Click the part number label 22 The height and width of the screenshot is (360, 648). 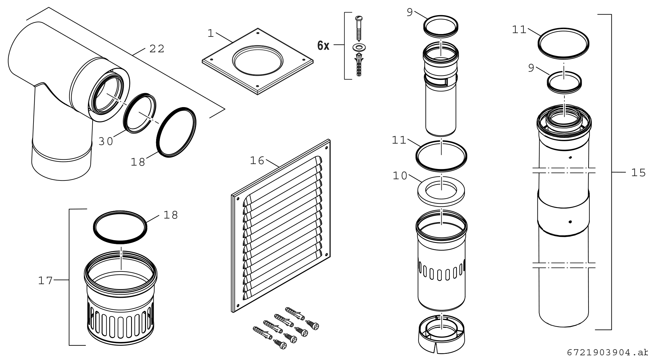157,49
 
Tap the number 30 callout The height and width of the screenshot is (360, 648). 106,141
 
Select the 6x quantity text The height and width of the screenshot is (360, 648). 323,46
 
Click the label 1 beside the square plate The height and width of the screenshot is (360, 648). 211,33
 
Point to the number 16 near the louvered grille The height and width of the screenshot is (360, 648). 257,161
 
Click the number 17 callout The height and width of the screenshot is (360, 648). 46,280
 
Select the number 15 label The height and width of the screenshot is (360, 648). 638,172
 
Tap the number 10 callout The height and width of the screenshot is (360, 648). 400,176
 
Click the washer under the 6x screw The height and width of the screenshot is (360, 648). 359,48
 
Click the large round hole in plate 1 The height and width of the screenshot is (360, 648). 257,60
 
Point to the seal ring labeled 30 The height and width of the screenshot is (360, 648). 140,113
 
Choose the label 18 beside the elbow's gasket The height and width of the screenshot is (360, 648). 138,162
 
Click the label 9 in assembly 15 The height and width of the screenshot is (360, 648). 531,68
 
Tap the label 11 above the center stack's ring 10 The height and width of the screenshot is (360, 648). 399,141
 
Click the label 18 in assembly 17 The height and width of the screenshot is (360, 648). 171,215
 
